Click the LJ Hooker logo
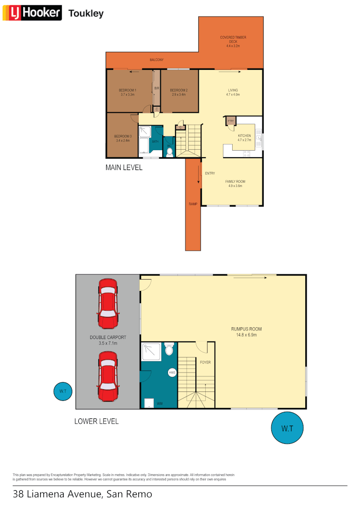point(32,13)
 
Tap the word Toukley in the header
point(86,13)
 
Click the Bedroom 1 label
point(127,90)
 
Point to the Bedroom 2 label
point(179,90)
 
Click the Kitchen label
point(244,136)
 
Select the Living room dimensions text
point(233,94)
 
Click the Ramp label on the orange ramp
point(193,204)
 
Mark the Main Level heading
point(124,167)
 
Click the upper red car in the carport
point(108,304)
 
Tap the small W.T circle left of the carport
point(63,391)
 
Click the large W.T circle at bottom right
point(287,428)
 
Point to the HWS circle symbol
point(172,373)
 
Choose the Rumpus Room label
point(246,329)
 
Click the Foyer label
point(205,362)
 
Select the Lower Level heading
point(96,421)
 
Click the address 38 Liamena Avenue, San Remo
point(83,494)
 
